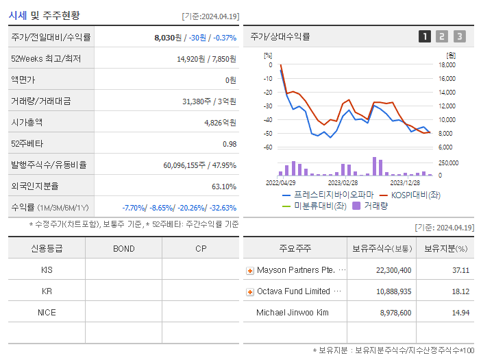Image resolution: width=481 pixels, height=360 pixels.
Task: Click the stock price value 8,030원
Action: tap(168, 38)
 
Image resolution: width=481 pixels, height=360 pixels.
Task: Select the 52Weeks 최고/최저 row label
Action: tap(46, 59)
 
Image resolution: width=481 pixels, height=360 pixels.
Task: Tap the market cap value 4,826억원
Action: tap(220, 123)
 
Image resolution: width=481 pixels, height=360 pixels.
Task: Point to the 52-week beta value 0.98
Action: tap(229, 144)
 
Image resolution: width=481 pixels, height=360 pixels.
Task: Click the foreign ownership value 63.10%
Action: tap(224, 187)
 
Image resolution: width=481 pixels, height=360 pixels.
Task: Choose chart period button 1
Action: tap(425, 37)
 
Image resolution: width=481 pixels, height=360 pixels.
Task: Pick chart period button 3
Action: tap(459, 37)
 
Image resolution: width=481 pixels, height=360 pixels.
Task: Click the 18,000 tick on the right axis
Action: tap(447, 65)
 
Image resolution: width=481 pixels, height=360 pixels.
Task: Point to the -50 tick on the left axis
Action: tap(268, 133)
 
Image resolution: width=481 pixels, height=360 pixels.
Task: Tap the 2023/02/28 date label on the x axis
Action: tap(343, 183)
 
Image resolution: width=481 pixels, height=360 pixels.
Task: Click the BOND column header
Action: tap(124, 249)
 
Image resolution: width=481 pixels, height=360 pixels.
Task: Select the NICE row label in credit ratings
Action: tap(47, 313)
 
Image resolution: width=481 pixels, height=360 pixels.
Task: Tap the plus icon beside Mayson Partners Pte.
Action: tap(250, 271)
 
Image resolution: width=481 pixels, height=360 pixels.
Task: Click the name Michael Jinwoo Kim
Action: tap(292, 313)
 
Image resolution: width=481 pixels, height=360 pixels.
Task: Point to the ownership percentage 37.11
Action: tap(460, 270)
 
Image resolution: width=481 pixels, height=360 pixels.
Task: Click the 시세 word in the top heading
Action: tap(18, 16)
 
